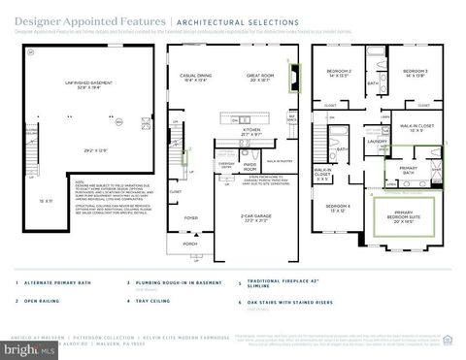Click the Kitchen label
(251, 130)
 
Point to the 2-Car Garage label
(251, 191)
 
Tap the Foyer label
(192, 218)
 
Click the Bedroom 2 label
(338, 73)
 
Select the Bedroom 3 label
(416, 73)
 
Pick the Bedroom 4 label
(338, 208)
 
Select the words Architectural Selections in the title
(223, 20)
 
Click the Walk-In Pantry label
(281, 161)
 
